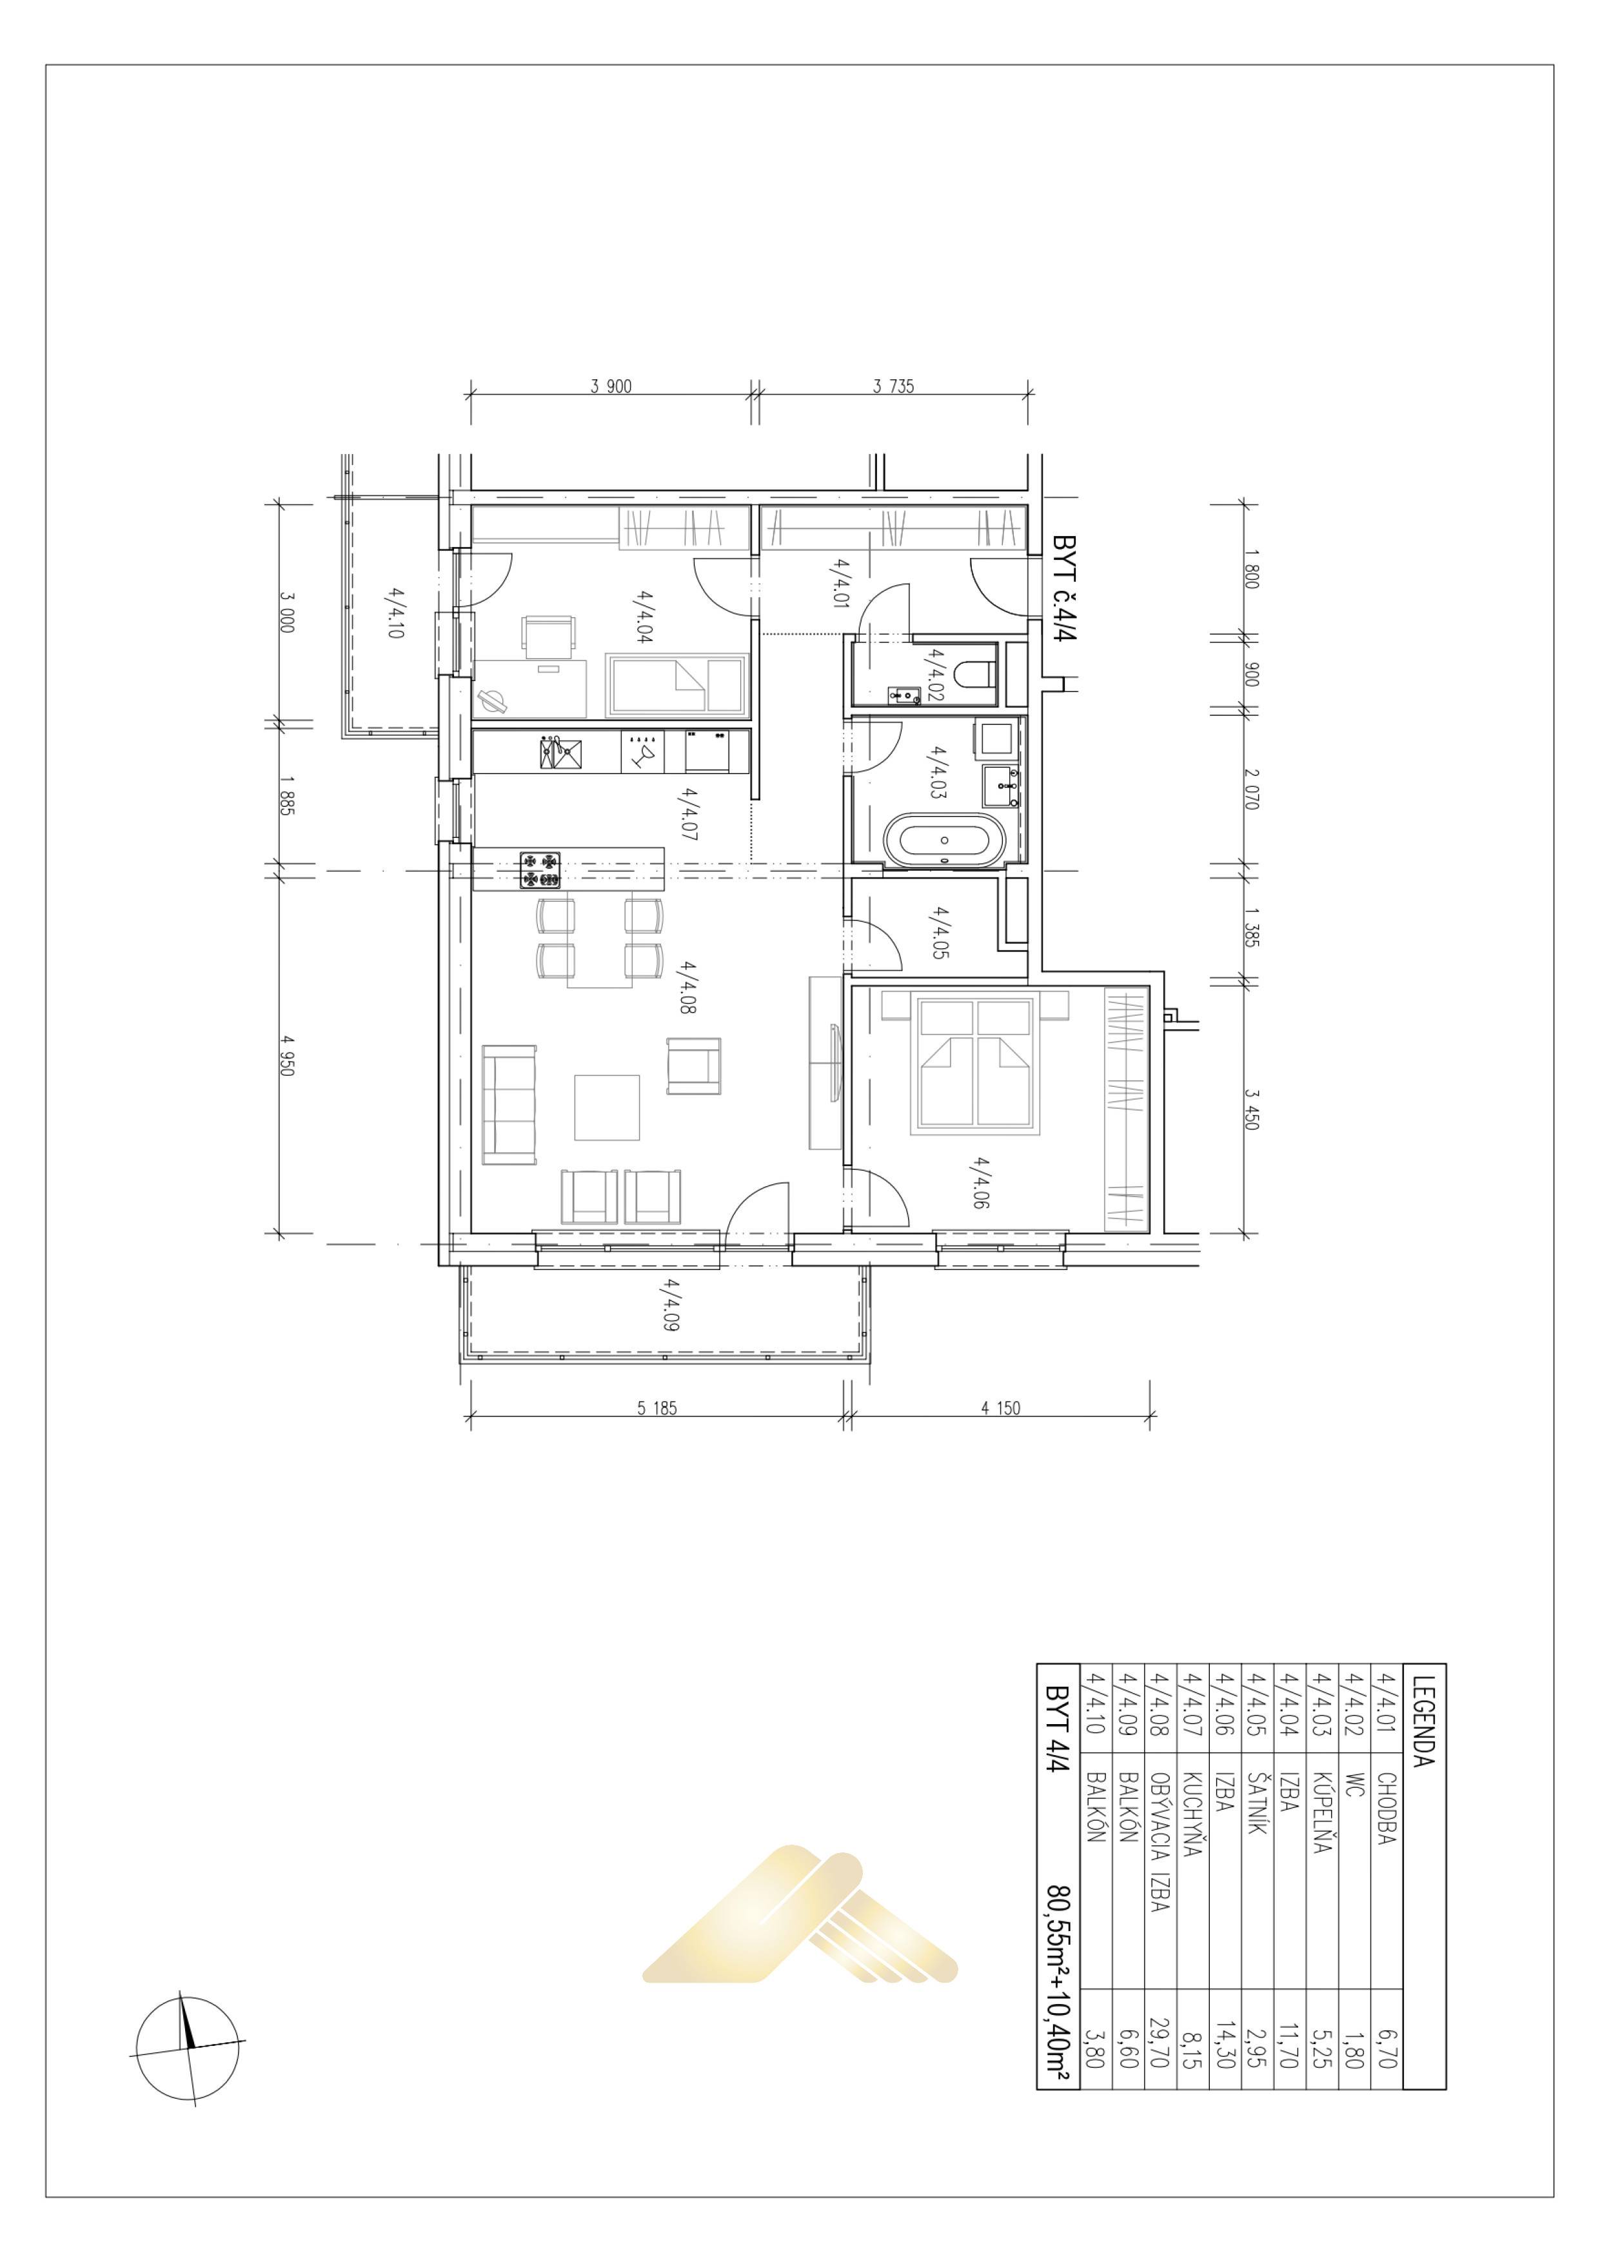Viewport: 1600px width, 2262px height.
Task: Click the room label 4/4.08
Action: coord(687,988)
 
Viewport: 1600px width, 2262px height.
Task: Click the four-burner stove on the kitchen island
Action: coord(540,868)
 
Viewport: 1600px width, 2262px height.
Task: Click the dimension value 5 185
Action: coord(657,1408)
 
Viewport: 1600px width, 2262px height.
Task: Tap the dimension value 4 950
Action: coord(287,1054)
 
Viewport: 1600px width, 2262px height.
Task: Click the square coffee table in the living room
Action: coord(607,1107)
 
